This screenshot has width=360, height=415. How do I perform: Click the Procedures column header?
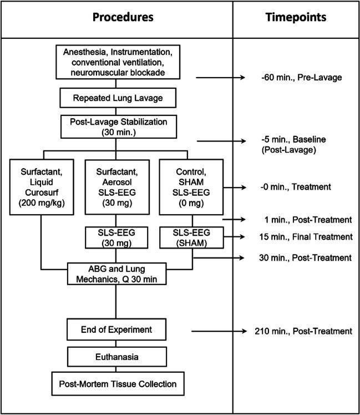pyautogui.click(x=115, y=17)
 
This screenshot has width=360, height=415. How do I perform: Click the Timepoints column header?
pyautogui.click(x=295, y=17)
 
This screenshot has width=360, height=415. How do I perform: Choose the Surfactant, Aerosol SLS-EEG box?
pyautogui.click(x=115, y=187)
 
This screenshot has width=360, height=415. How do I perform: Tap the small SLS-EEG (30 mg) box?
pyautogui.click(x=115, y=237)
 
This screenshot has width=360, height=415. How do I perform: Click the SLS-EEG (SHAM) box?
pyautogui.click(x=184, y=237)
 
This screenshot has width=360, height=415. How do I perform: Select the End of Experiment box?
pyautogui.click(x=115, y=331)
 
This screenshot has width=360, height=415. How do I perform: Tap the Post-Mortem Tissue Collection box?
pyautogui.click(x=115, y=384)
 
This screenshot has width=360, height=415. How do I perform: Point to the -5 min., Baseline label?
pyautogui.click(x=288, y=146)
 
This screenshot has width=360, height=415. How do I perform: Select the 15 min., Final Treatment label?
pyautogui.click(x=301, y=237)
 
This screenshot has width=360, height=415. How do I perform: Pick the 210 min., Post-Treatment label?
pyautogui.click(x=301, y=331)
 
